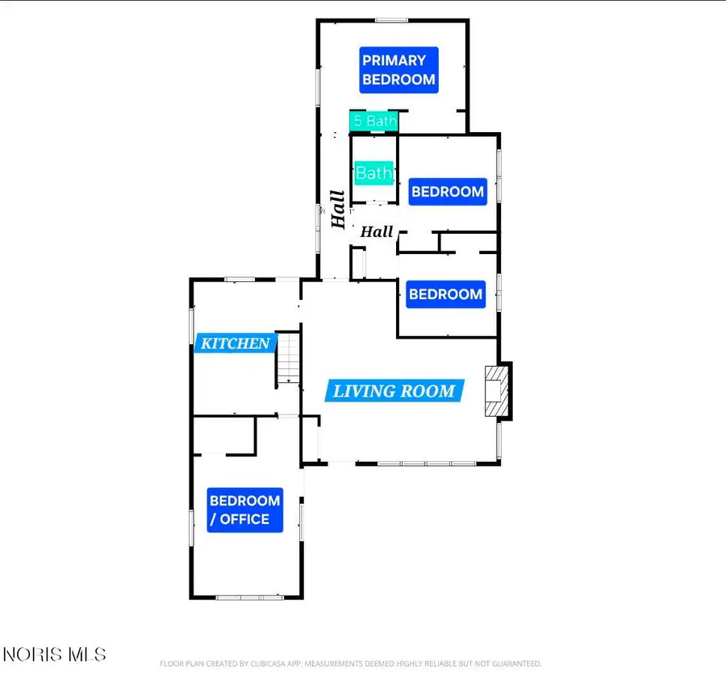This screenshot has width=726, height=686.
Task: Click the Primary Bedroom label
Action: (x=398, y=70)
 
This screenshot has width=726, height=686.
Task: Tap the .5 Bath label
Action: (x=373, y=121)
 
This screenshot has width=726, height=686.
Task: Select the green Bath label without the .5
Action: (x=374, y=173)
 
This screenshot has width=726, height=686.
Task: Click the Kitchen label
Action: (x=236, y=343)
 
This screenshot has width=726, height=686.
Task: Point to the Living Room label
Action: (x=394, y=391)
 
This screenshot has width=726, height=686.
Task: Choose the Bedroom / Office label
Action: (x=244, y=509)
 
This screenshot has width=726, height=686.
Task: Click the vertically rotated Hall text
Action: (x=338, y=209)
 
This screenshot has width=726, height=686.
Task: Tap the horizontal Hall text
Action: (x=377, y=231)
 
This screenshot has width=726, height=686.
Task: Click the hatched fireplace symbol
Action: (x=497, y=391)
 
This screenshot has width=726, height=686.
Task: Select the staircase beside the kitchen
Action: (x=289, y=358)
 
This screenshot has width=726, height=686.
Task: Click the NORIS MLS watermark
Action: (x=55, y=655)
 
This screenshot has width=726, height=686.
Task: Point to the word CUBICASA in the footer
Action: (x=269, y=663)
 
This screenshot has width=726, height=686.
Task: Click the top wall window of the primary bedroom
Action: (x=391, y=20)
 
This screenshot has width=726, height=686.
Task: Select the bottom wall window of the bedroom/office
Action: (x=249, y=597)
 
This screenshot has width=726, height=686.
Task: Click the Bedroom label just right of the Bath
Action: (x=448, y=192)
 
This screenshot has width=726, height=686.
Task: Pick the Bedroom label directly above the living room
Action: (x=446, y=294)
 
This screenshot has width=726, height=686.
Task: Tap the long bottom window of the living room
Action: (x=427, y=463)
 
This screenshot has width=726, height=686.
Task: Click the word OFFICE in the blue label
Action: (x=244, y=519)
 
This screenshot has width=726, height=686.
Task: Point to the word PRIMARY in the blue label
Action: (x=394, y=60)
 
